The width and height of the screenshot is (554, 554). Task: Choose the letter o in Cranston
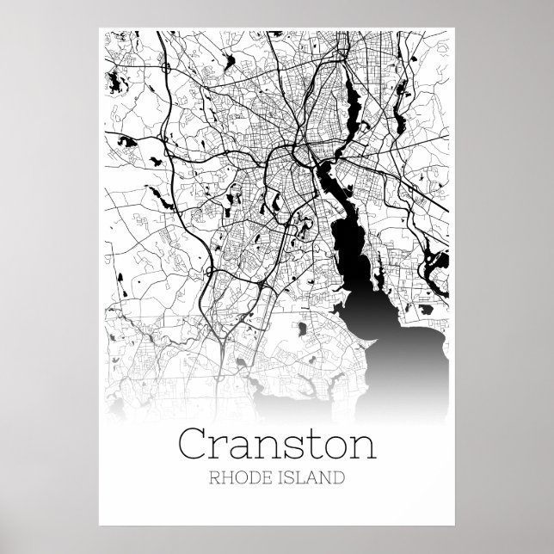pos(337,446)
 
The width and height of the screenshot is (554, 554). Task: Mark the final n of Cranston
pos(365,446)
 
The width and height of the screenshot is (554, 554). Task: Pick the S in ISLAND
pos(287,475)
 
